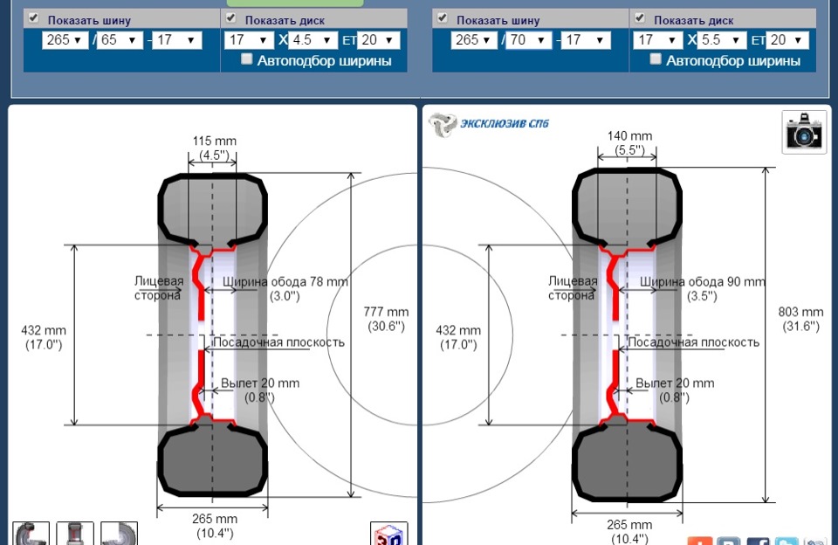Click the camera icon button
pos(804,132)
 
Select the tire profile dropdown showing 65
pos(120,40)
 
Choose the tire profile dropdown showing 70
pos(529,40)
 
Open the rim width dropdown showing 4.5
pos(313,40)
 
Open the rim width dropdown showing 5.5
pos(723,40)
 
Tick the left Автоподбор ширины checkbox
pos(246,59)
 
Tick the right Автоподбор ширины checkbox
pos(656,59)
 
